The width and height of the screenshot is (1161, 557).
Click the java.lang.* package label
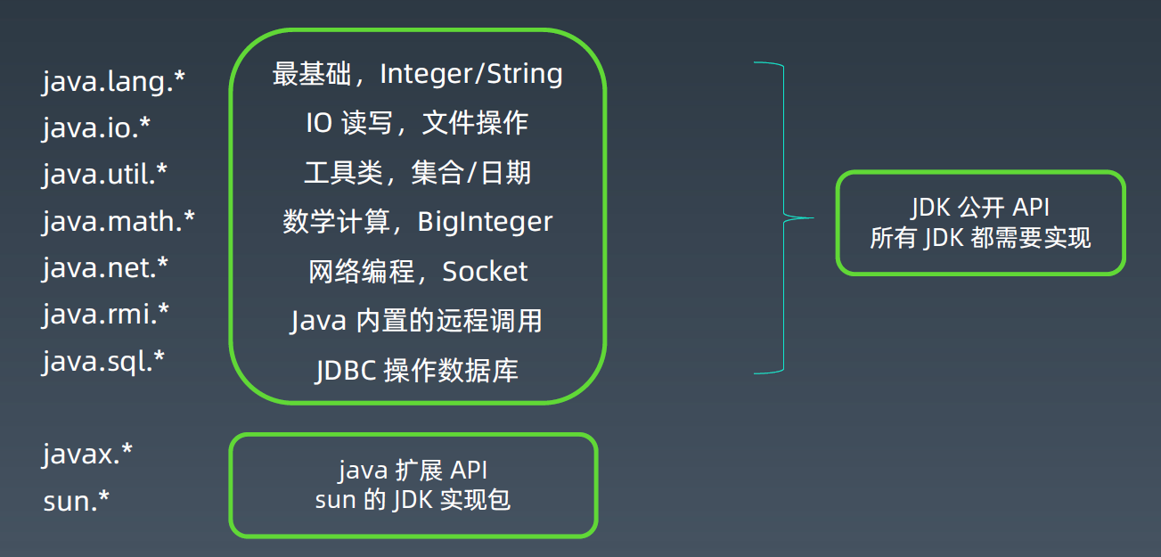(x=113, y=81)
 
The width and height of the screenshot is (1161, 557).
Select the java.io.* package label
(x=96, y=127)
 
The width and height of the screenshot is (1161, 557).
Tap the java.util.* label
(x=105, y=174)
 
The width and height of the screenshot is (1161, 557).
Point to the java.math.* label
(x=119, y=221)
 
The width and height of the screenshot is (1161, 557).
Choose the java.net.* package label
(x=105, y=267)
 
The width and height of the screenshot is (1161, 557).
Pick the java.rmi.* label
(x=106, y=315)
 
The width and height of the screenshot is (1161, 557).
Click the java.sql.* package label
(x=103, y=361)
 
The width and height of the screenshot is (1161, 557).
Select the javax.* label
(x=87, y=455)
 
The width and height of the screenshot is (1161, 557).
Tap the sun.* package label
(x=77, y=501)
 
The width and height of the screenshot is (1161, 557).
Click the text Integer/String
(x=471, y=74)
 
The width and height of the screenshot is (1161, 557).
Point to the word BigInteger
(x=485, y=222)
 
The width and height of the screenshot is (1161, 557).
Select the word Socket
(x=485, y=271)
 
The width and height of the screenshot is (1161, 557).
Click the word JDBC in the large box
(x=346, y=371)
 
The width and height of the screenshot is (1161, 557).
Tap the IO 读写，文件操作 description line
(x=417, y=123)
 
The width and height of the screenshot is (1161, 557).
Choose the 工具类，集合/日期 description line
(x=417, y=173)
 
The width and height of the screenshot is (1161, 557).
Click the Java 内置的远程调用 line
(x=416, y=321)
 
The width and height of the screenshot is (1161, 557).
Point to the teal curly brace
(x=784, y=217)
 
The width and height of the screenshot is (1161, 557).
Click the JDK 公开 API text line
(x=981, y=208)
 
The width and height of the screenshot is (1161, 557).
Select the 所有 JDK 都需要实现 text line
(x=981, y=238)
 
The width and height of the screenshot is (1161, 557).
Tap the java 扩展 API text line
(x=413, y=471)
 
